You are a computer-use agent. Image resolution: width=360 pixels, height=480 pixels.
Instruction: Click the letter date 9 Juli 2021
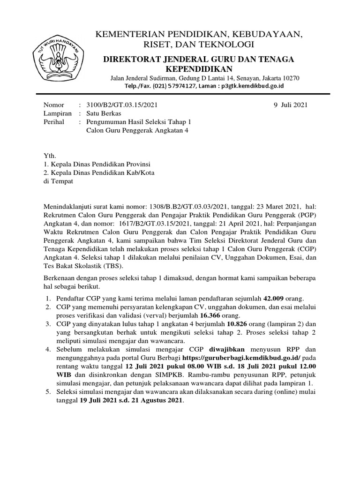pyautogui.click(x=290, y=105)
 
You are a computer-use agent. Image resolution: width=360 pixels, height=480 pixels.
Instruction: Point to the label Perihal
pyautogui.click(x=54, y=122)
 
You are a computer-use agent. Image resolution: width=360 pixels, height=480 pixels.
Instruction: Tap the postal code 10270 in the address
pyautogui.click(x=290, y=78)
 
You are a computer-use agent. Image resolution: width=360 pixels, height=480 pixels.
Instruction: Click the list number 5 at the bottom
pyautogui.click(x=48, y=392)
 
